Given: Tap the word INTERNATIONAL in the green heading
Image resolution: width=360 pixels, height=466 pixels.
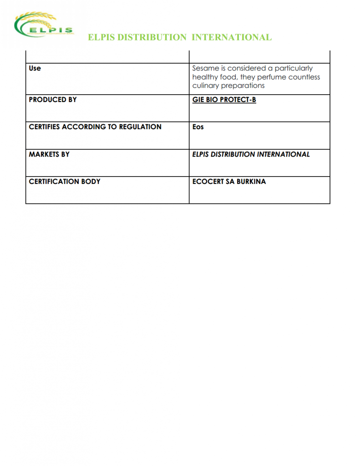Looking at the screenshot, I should pos(232,37).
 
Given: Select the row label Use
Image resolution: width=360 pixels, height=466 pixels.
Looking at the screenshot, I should pos(35,68).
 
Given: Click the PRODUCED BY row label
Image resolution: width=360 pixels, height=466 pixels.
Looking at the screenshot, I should pos(53,100).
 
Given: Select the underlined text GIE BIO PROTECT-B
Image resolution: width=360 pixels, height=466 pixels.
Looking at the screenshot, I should pos(224,100).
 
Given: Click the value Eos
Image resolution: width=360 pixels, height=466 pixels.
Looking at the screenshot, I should pos(198,127).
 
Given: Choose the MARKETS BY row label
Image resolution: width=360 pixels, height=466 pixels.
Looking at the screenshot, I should pos(49,154).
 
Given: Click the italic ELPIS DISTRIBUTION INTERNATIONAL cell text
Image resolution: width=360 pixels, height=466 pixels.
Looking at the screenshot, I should pos(251,154).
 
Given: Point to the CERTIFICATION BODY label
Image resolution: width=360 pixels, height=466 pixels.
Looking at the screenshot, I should pos(65,182).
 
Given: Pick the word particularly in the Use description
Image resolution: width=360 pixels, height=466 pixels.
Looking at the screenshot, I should pos(294,68).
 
